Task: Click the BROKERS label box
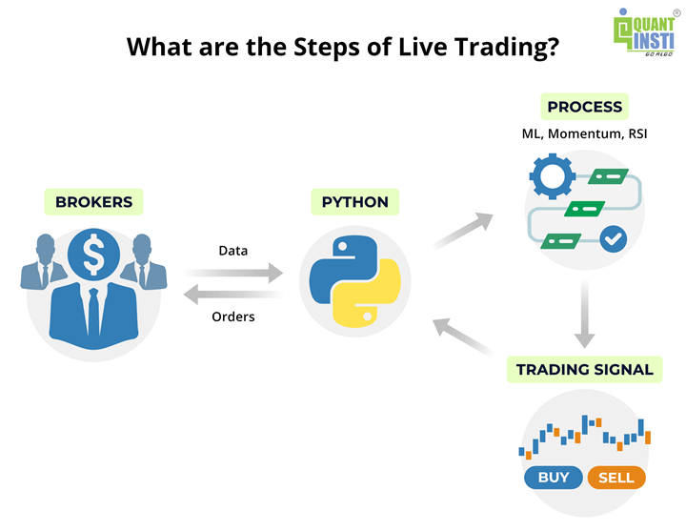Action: pyautogui.click(x=93, y=202)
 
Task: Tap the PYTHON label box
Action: pyautogui.click(x=354, y=202)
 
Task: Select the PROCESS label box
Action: pyautogui.click(x=584, y=107)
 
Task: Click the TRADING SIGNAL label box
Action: pyautogui.click(x=584, y=370)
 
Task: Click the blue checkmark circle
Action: pyautogui.click(x=613, y=237)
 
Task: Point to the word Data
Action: pyautogui.click(x=232, y=251)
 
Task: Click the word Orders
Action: pyautogui.click(x=232, y=317)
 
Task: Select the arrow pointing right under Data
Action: pyautogui.click(x=232, y=274)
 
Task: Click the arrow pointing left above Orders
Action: pyautogui.click(x=232, y=293)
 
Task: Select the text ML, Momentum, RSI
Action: pyautogui.click(x=584, y=134)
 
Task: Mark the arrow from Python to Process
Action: pyautogui.click(x=464, y=230)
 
